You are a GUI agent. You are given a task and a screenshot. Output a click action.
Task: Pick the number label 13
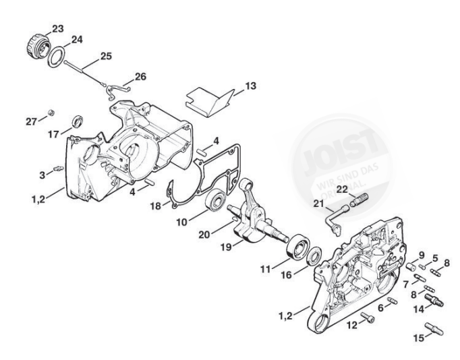(231, 86)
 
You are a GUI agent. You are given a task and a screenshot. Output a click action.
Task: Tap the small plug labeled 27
(51, 112)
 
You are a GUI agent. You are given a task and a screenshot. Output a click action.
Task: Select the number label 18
(155, 205)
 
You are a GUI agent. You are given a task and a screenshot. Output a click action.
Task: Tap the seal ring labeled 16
(315, 257)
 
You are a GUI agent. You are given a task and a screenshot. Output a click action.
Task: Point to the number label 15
(420, 338)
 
